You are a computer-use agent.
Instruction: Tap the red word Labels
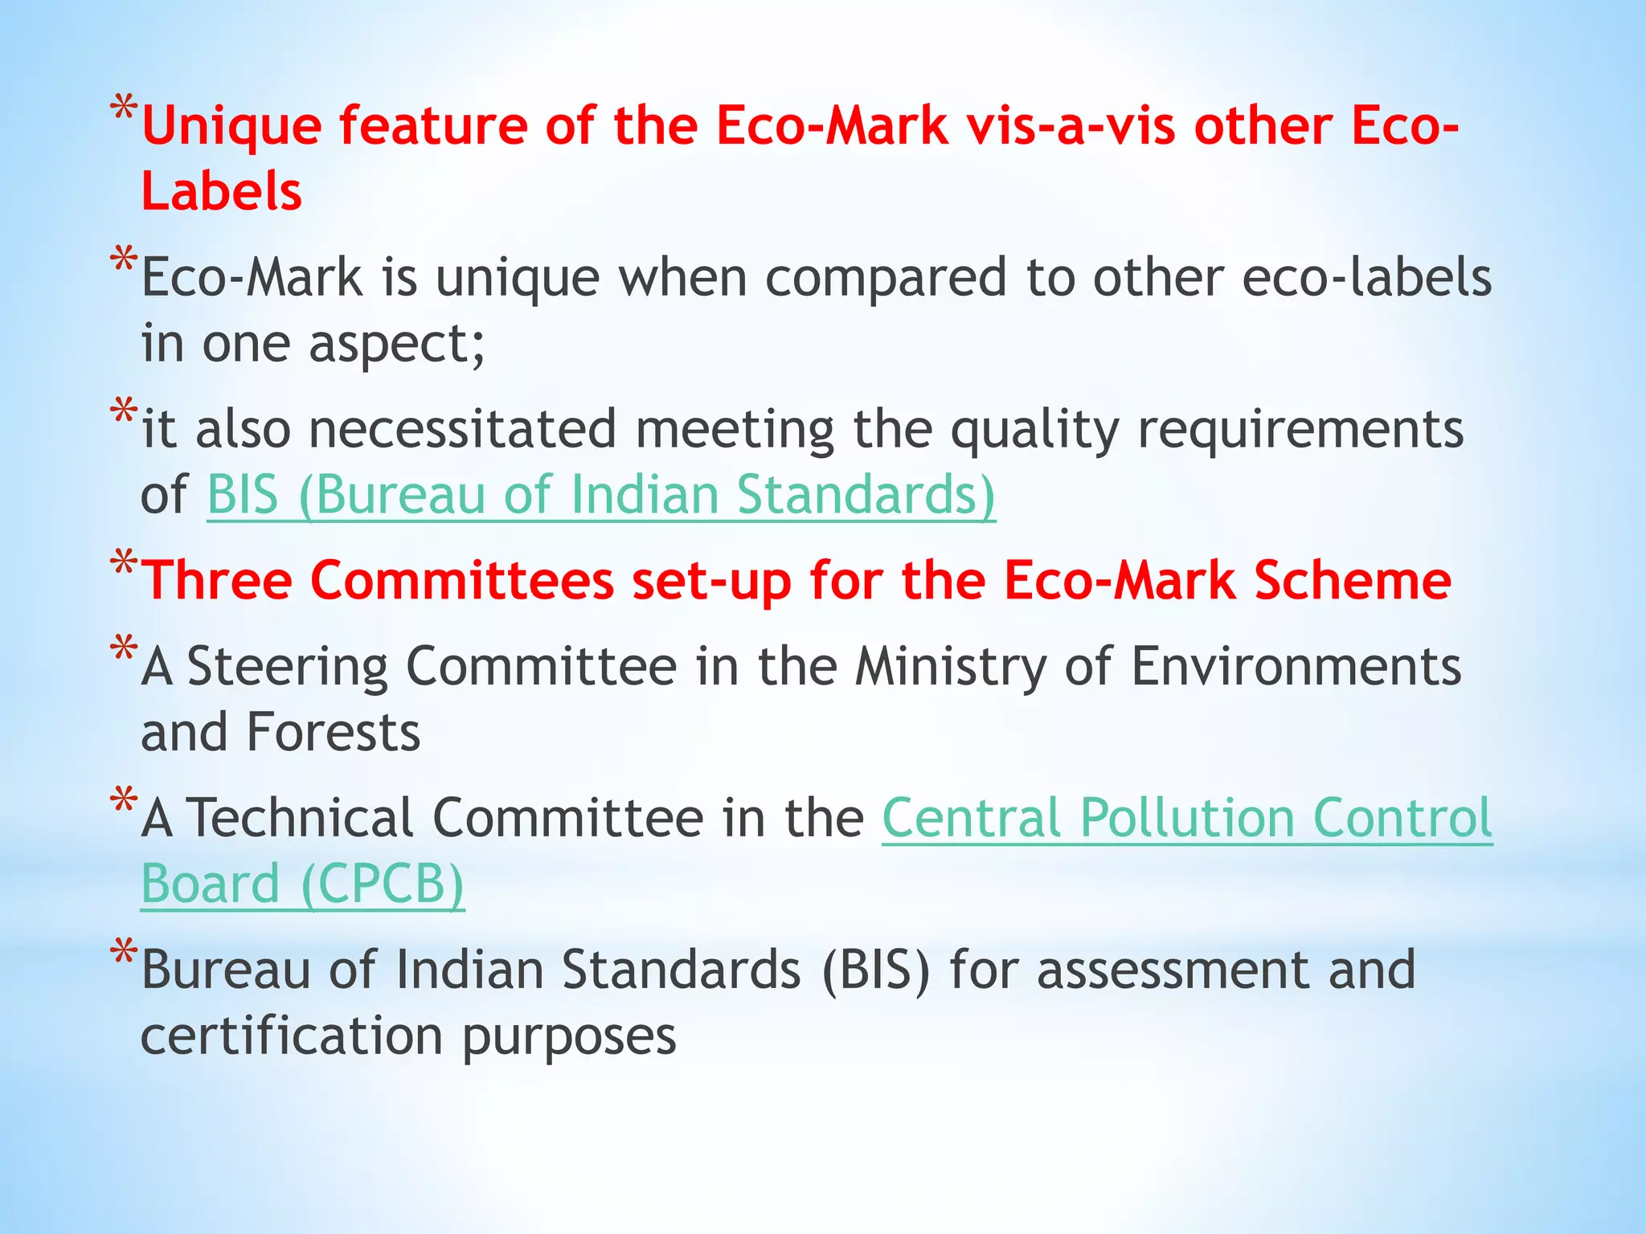pyautogui.click(x=222, y=193)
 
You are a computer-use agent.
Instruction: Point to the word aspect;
pyautogui.click(x=397, y=344)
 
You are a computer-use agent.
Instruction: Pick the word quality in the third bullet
pyautogui.click(x=1034, y=429)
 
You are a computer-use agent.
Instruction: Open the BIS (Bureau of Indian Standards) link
pyautogui.click(x=601, y=495)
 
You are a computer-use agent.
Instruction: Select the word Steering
pyautogui.click(x=288, y=667)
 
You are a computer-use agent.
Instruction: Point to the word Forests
pyautogui.click(x=333, y=733)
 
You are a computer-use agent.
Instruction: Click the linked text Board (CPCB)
pyautogui.click(x=302, y=885)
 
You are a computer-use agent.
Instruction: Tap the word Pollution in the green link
pyautogui.click(x=1186, y=819)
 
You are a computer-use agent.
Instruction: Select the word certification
pyautogui.click(x=292, y=1036)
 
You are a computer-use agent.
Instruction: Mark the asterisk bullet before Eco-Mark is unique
pyautogui.click(x=124, y=261)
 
